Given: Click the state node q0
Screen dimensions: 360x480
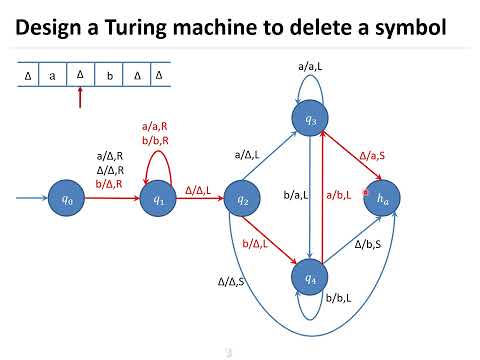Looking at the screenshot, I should point(66,199).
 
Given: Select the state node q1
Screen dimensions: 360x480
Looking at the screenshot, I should point(158,199).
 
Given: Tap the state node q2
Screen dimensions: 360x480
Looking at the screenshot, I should point(242,199).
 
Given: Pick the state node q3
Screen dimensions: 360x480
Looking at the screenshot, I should point(310,120).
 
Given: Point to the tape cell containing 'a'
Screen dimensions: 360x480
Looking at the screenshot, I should point(52,75).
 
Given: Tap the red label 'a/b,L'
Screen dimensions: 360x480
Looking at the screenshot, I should point(338,195).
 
